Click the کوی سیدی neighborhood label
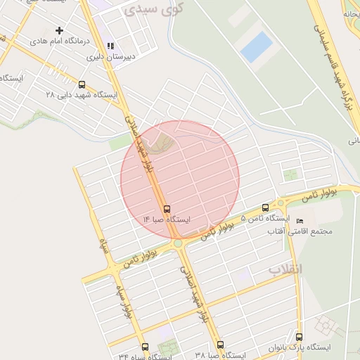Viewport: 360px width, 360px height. (153, 10)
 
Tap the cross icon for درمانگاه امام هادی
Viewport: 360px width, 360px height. (59, 30)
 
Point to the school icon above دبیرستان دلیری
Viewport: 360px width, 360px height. (111, 46)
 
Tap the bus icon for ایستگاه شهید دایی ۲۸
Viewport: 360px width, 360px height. (82, 84)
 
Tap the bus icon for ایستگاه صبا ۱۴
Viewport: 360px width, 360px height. (167, 209)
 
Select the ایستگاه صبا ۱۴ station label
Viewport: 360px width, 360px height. (167, 220)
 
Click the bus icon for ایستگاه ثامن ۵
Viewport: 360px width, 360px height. (265, 207)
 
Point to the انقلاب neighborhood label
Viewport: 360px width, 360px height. (285, 269)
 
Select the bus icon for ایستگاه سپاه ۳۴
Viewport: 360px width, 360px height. (145, 347)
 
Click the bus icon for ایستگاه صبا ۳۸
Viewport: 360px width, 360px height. (220, 345)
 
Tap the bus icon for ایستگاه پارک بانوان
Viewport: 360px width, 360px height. (300, 337)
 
